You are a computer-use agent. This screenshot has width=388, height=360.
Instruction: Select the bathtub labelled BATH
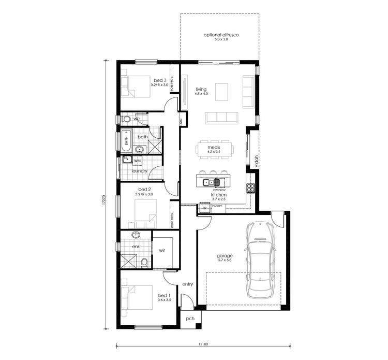pos(126,140)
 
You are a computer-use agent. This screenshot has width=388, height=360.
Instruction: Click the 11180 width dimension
pos(202,344)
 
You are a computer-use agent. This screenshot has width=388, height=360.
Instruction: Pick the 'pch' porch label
pos(190,319)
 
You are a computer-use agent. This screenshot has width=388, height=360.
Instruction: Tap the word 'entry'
pos(187,284)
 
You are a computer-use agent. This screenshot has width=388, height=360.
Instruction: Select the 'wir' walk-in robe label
pos(161,250)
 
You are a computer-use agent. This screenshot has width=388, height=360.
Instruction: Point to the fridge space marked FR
pos(204,208)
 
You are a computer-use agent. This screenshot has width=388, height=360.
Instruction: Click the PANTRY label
pos(217,206)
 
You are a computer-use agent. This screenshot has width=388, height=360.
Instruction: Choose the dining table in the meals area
pos(214,150)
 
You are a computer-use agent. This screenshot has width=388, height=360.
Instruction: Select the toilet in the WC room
pos(126,119)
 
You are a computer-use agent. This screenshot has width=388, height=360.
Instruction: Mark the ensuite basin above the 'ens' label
pos(136,235)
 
